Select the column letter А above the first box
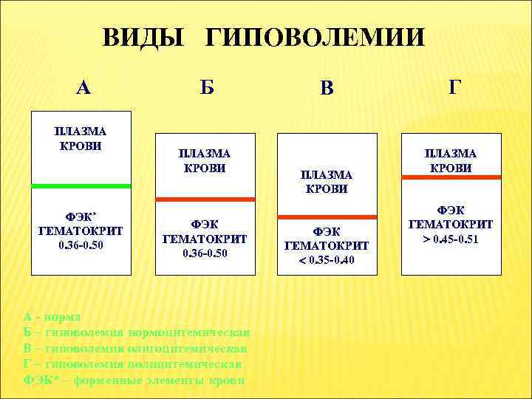tap(83, 88)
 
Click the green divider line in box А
tap(81, 185)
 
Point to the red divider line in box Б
tap(205, 199)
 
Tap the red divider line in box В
tap(327, 216)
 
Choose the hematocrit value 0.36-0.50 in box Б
tap(205, 253)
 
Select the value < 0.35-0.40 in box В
tap(327, 259)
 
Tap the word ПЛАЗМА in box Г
tap(450, 154)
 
